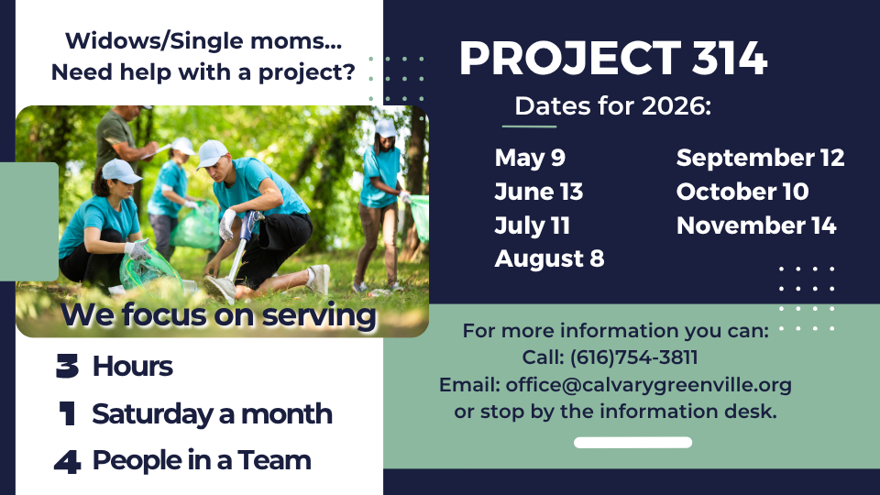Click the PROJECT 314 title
tap(613, 58)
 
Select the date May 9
tap(529, 159)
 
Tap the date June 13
tap(538, 192)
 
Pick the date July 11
tap(532, 226)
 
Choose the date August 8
tap(549, 259)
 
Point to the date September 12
tap(760, 159)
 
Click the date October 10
tap(742, 192)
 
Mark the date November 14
tap(756, 225)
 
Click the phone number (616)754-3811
tap(633, 357)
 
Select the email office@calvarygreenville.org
tap(648, 385)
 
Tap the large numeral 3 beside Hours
tap(67, 366)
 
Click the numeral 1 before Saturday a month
tap(67, 413)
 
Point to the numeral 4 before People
tap(67, 461)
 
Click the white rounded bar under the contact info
tap(632, 442)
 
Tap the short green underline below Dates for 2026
tap(529, 126)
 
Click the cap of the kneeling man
tap(212, 153)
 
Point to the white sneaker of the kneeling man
tap(319, 280)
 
